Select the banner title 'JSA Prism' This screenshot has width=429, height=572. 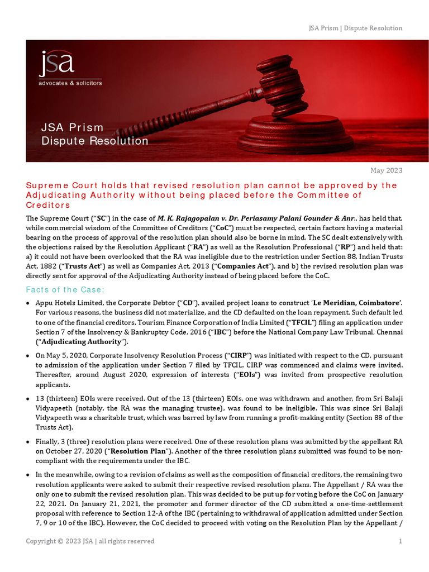coord(73,128)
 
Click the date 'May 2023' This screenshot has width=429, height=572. coord(387,170)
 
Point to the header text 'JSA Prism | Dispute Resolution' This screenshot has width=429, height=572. coord(355,28)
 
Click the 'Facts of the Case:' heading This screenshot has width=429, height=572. coord(65,289)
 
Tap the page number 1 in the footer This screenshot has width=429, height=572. coord(400,541)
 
